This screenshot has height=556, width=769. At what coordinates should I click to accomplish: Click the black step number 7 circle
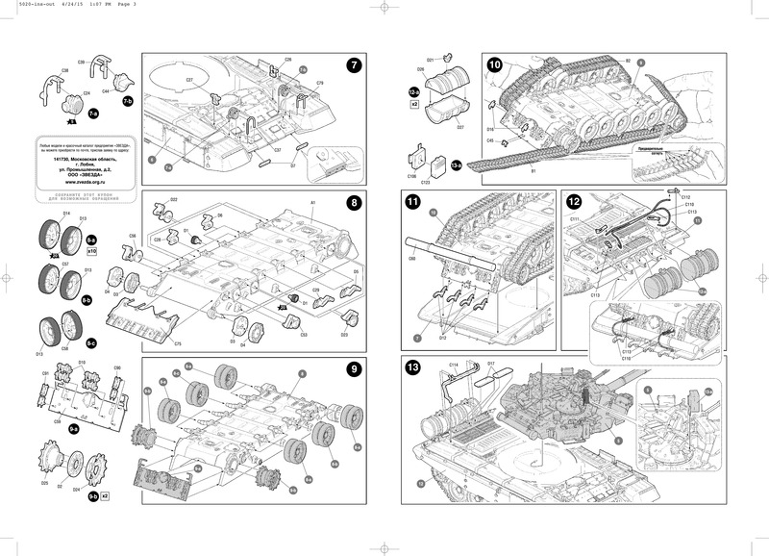[354, 65]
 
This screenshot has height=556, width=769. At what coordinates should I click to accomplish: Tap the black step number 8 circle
[354, 203]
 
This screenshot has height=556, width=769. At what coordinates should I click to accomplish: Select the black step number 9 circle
[354, 369]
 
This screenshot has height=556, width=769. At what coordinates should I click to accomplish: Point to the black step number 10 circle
[495, 65]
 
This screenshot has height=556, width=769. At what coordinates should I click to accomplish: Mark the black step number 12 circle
[575, 202]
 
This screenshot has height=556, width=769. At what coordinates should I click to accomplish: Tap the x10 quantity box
[92, 250]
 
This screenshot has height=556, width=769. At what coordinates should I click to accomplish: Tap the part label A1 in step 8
[313, 203]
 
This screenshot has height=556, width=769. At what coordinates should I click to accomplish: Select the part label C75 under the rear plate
[179, 343]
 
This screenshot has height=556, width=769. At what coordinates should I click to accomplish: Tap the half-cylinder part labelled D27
[460, 125]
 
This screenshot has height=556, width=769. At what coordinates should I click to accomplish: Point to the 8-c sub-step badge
[92, 342]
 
